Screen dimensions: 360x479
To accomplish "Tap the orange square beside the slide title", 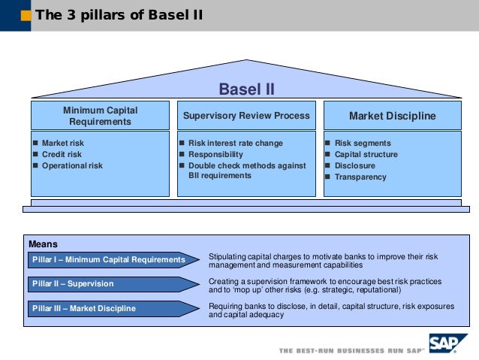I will tap(26, 15).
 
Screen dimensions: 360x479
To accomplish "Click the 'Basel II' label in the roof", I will tap(246, 90).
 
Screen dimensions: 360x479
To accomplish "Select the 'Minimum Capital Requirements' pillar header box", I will tap(100, 116).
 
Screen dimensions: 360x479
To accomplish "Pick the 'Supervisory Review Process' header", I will tap(246, 116).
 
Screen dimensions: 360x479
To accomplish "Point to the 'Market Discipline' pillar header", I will tap(392, 116).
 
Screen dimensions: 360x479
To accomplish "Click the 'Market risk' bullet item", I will tap(63, 143).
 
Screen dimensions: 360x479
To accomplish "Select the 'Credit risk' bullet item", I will tap(62, 154).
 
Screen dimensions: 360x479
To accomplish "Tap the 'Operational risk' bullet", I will tap(72, 165).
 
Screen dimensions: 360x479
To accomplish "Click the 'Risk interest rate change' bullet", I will tap(235, 143).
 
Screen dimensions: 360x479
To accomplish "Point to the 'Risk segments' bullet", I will tap(362, 143).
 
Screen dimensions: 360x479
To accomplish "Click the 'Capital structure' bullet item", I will tap(366, 154).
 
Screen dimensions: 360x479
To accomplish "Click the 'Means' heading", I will tap(43, 244).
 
